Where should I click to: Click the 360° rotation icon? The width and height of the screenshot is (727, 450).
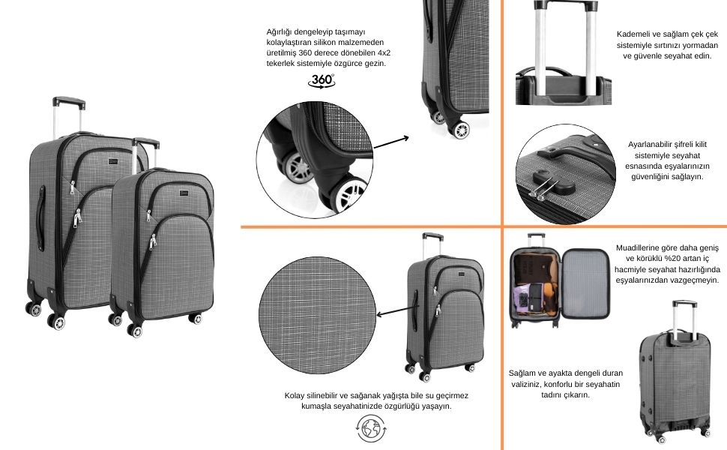[322, 81]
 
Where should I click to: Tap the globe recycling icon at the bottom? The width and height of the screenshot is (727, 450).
[371, 428]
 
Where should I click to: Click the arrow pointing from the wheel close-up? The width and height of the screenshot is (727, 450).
[391, 142]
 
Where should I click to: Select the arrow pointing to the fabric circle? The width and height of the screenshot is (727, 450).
[394, 310]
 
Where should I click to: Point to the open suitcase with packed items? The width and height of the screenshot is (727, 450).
[560, 280]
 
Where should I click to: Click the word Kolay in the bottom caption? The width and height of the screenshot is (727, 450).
[295, 396]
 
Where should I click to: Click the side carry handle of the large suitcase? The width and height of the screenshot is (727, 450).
[40, 214]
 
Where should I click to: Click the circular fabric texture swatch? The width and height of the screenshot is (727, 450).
[317, 316]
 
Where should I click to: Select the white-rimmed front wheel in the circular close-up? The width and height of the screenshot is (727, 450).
[347, 195]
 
